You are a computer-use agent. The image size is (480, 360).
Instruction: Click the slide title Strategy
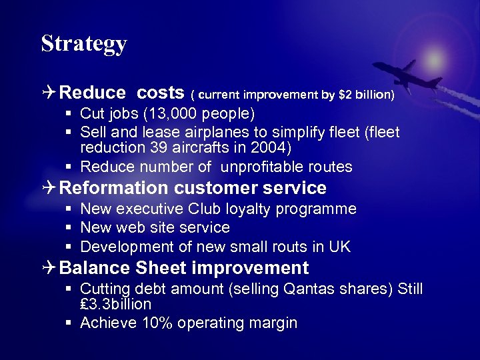click(84, 43)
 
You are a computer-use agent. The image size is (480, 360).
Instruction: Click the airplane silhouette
click(407, 75)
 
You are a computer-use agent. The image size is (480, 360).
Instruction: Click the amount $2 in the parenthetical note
click(345, 95)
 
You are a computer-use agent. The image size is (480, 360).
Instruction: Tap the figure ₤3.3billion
click(115, 305)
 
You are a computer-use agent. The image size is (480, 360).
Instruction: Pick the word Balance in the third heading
click(95, 268)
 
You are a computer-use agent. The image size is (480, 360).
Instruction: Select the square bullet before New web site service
click(69, 228)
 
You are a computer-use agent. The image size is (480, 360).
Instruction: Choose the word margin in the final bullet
click(273, 323)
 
